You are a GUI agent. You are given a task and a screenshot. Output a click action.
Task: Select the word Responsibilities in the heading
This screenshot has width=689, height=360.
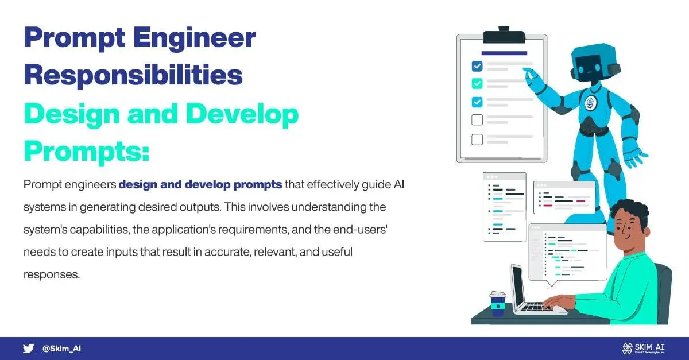click(x=133, y=75)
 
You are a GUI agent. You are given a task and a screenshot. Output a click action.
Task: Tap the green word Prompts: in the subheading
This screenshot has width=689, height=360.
click(x=87, y=152)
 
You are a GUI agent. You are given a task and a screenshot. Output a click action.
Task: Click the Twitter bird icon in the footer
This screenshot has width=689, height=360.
click(x=28, y=349)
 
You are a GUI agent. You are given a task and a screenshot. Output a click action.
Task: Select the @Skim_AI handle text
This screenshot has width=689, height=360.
click(x=61, y=349)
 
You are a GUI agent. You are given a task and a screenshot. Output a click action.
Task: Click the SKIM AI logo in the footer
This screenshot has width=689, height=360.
click(x=643, y=349)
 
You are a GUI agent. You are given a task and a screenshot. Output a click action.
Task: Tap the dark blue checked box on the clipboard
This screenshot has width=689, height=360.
click(x=477, y=66)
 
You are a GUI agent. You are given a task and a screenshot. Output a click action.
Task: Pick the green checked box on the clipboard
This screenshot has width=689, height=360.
click(x=477, y=83)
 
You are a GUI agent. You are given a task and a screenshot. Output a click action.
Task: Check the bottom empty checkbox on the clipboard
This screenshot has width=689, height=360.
click(x=477, y=140)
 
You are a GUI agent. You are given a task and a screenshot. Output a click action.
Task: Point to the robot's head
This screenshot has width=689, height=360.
click(x=594, y=63)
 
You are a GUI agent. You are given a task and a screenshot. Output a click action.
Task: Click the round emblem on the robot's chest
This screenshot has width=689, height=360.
click(x=590, y=102)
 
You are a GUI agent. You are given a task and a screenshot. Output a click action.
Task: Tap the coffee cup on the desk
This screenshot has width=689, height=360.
click(x=498, y=304)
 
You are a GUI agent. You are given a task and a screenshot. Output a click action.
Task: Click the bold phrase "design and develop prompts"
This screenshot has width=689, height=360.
click(x=200, y=184)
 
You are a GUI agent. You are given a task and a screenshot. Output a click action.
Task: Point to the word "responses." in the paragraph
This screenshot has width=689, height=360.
click(x=52, y=274)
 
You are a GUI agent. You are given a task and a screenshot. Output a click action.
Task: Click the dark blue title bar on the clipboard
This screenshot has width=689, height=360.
click(x=504, y=53)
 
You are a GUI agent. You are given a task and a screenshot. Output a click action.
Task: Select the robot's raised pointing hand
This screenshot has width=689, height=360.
click(x=531, y=75)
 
